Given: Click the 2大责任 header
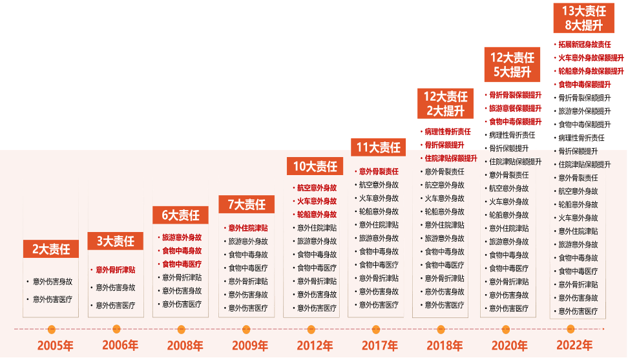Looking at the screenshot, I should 51,249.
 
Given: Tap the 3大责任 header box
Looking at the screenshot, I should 116,241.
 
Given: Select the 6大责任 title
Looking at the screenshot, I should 180,215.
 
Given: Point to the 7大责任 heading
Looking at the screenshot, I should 247,204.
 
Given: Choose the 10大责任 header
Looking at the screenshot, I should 315,166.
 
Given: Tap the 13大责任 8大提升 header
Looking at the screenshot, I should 583,18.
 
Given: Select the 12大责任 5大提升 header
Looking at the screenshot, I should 512,65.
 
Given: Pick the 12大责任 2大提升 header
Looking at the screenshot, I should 445,103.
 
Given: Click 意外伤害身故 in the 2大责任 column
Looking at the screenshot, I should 53,282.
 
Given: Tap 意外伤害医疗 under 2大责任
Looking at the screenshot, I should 53,299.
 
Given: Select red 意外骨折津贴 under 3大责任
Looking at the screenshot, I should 116,270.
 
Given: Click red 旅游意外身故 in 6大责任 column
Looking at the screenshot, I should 182,237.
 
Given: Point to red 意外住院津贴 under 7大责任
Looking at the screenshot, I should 248,228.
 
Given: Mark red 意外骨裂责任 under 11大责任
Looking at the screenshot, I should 379,171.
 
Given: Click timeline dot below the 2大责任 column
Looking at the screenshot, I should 52,329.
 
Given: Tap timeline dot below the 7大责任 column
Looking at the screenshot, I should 246,329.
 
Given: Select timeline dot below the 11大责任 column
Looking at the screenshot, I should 376,329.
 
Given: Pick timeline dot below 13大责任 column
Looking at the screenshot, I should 570,329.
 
